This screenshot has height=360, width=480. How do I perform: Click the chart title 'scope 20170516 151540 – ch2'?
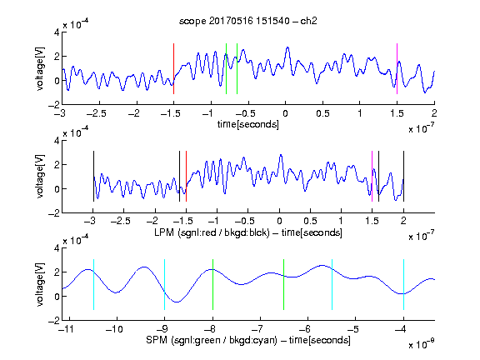coord(248,21)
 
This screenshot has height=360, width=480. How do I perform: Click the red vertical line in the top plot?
coord(173,68)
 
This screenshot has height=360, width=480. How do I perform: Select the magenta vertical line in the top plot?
coord(397,68)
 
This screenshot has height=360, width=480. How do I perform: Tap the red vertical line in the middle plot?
coord(186,177)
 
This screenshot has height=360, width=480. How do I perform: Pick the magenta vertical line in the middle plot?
coord(372,177)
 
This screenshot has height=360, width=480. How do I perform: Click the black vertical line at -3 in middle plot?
coord(93,177)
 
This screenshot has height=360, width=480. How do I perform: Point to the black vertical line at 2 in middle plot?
coord(403,177)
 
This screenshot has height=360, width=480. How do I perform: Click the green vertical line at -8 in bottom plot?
coord(212,284)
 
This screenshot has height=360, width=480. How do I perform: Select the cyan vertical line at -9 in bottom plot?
coord(164,284)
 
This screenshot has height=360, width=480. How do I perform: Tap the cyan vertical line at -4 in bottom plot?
coord(403,284)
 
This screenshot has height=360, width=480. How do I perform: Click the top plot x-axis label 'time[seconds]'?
coord(248,125)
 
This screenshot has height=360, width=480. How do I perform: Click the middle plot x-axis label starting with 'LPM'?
coord(248,232)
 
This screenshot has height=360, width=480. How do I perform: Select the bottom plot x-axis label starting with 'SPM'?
coord(248,340)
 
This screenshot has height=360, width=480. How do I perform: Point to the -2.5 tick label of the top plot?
coord(96,113)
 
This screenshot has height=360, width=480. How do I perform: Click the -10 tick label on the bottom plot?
coord(114,329)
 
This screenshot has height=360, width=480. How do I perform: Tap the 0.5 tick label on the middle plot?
coord(310,221)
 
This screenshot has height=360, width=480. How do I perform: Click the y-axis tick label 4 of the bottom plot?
coord(57,248)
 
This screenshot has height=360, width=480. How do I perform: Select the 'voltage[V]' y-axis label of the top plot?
coord(40,68)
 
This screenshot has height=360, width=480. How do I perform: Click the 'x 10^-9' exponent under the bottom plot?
coord(422,344)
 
